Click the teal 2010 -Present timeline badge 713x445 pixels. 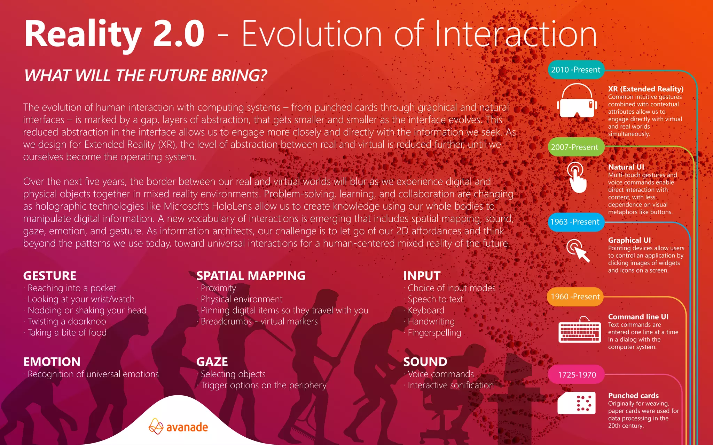[575, 70]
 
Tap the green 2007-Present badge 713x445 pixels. [575, 147]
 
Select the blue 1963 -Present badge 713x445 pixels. [575, 222]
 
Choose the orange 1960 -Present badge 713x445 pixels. [575, 297]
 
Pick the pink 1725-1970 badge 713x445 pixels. [577, 374]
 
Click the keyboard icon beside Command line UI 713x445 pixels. [579, 330]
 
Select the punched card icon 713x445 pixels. [576, 403]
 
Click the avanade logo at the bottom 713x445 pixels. [178, 427]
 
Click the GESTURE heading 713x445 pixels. [50, 276]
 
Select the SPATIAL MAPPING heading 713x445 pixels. [251, 276]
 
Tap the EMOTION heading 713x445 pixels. [52, 362]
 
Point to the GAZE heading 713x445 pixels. [212, 362]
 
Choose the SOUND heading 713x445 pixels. [425, 362]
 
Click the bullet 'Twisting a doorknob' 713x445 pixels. [66, 322]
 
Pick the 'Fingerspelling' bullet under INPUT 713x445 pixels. [434, 333]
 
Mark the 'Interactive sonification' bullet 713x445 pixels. [450, 385]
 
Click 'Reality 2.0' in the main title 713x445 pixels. [114, 34]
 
